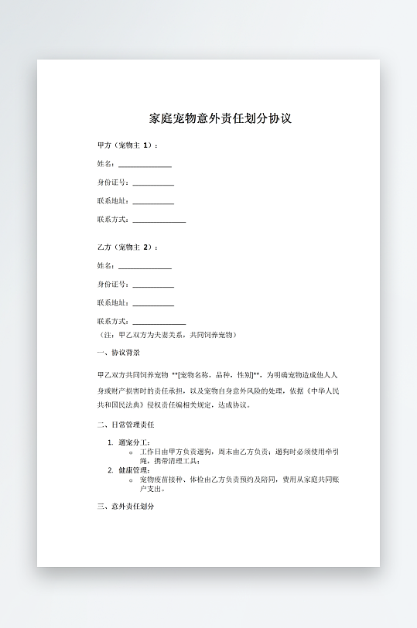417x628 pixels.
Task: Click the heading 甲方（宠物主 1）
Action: click(x=128, y=145)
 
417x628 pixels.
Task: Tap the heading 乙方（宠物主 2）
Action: click(x=128, y=247)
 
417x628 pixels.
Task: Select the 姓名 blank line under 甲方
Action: click(x=145, y=166)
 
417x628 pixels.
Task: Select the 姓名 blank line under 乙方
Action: click(x=145, y=268)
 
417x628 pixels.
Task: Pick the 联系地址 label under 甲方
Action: click(x=113, y=201)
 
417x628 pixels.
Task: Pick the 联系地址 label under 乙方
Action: click(x=113, y=303)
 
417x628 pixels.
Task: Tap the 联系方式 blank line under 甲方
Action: click(x=159, y=221)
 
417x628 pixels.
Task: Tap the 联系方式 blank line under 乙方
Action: click(x=159, y=323)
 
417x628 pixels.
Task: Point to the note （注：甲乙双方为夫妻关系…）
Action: click(x=166, y=335)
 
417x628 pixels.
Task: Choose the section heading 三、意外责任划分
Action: click(x=126, y=507)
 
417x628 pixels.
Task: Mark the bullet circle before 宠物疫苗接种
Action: click(x=131, y=480)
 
